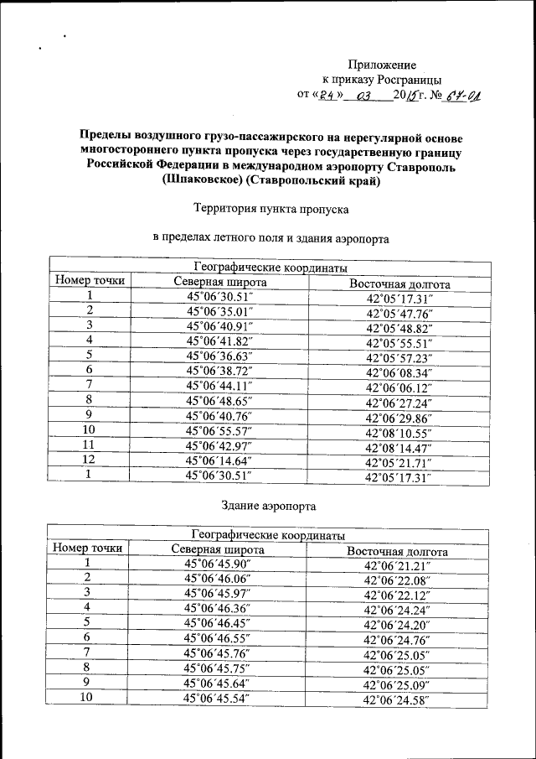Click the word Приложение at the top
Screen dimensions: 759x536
(382, 64)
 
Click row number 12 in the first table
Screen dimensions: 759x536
(89, 460)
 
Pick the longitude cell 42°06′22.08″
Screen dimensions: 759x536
(397, 580)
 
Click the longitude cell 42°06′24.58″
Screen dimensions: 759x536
(397, 699)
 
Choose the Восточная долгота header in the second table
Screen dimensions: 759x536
(397, 551)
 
